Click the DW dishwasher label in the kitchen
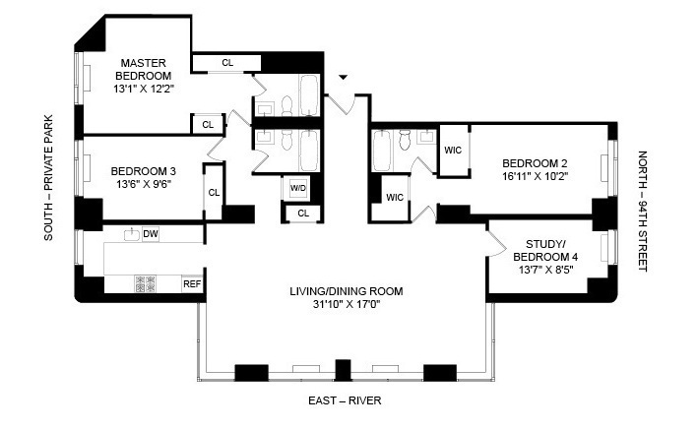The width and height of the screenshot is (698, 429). pos(151,233)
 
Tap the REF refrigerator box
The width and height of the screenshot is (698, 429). pos(192,284)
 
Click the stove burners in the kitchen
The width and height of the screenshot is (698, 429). pos(147,285)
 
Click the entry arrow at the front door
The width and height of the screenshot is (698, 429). pos(343,77)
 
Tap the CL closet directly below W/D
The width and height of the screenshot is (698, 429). pos(302,213)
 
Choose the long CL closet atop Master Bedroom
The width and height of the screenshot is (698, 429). pos(227,63)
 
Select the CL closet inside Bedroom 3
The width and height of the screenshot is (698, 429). pos(214,191)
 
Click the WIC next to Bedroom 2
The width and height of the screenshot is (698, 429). pos(453,151)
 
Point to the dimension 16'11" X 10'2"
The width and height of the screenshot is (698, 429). pos(538,178)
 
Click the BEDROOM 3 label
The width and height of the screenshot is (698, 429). pos(144,168)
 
